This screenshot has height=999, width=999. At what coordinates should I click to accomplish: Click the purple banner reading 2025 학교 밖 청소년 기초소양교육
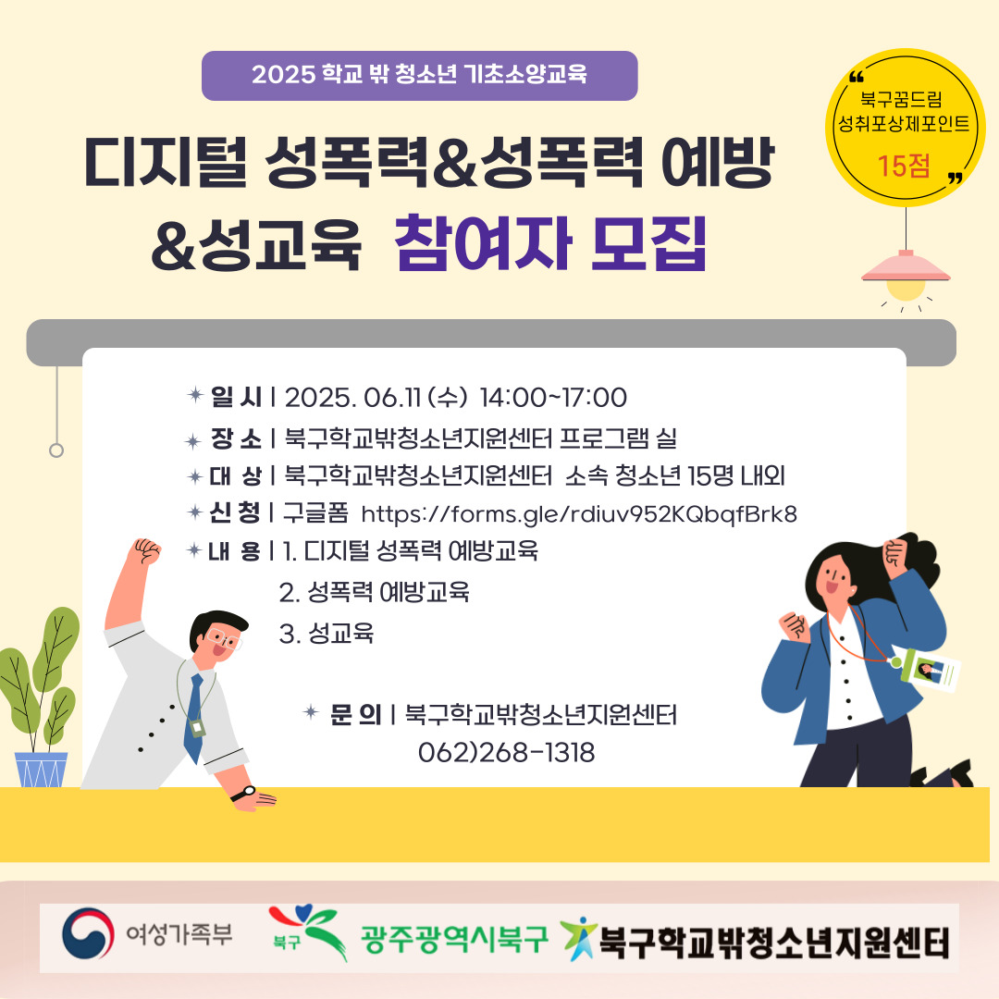tap(419, 75)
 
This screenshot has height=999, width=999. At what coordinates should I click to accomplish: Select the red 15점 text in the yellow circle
tap(904, 166)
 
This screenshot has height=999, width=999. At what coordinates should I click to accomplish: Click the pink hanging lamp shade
tap(906, 266)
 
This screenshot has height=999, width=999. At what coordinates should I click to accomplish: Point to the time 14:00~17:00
tap(553, 398)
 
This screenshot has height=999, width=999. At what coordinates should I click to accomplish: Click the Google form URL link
tap(579, 514)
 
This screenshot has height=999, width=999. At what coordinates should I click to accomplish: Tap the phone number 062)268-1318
tap(507, 752)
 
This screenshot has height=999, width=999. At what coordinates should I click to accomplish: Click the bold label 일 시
tap(237, 397)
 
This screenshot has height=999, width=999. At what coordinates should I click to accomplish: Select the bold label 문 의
tap(355, 714)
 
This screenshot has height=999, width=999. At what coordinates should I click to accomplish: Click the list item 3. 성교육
tap(327, 634)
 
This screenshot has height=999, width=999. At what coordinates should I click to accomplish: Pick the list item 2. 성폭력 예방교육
tap(375, 593)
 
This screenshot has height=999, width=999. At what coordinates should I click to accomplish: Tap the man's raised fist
tap(144, 551)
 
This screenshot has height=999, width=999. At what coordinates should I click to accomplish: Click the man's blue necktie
tap(194, 718)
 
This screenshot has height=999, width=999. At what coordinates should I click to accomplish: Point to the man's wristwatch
tap(243, 794)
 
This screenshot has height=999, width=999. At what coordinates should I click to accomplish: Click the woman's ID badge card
tap(934, 671)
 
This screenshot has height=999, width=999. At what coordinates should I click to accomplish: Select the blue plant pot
tap(42, 770)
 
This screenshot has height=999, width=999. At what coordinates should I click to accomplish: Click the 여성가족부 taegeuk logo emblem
tap(88, 934)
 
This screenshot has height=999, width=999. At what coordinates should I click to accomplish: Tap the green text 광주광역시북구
tap(453, 939)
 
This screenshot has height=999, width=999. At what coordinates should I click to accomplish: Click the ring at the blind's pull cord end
tap(56, 450)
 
